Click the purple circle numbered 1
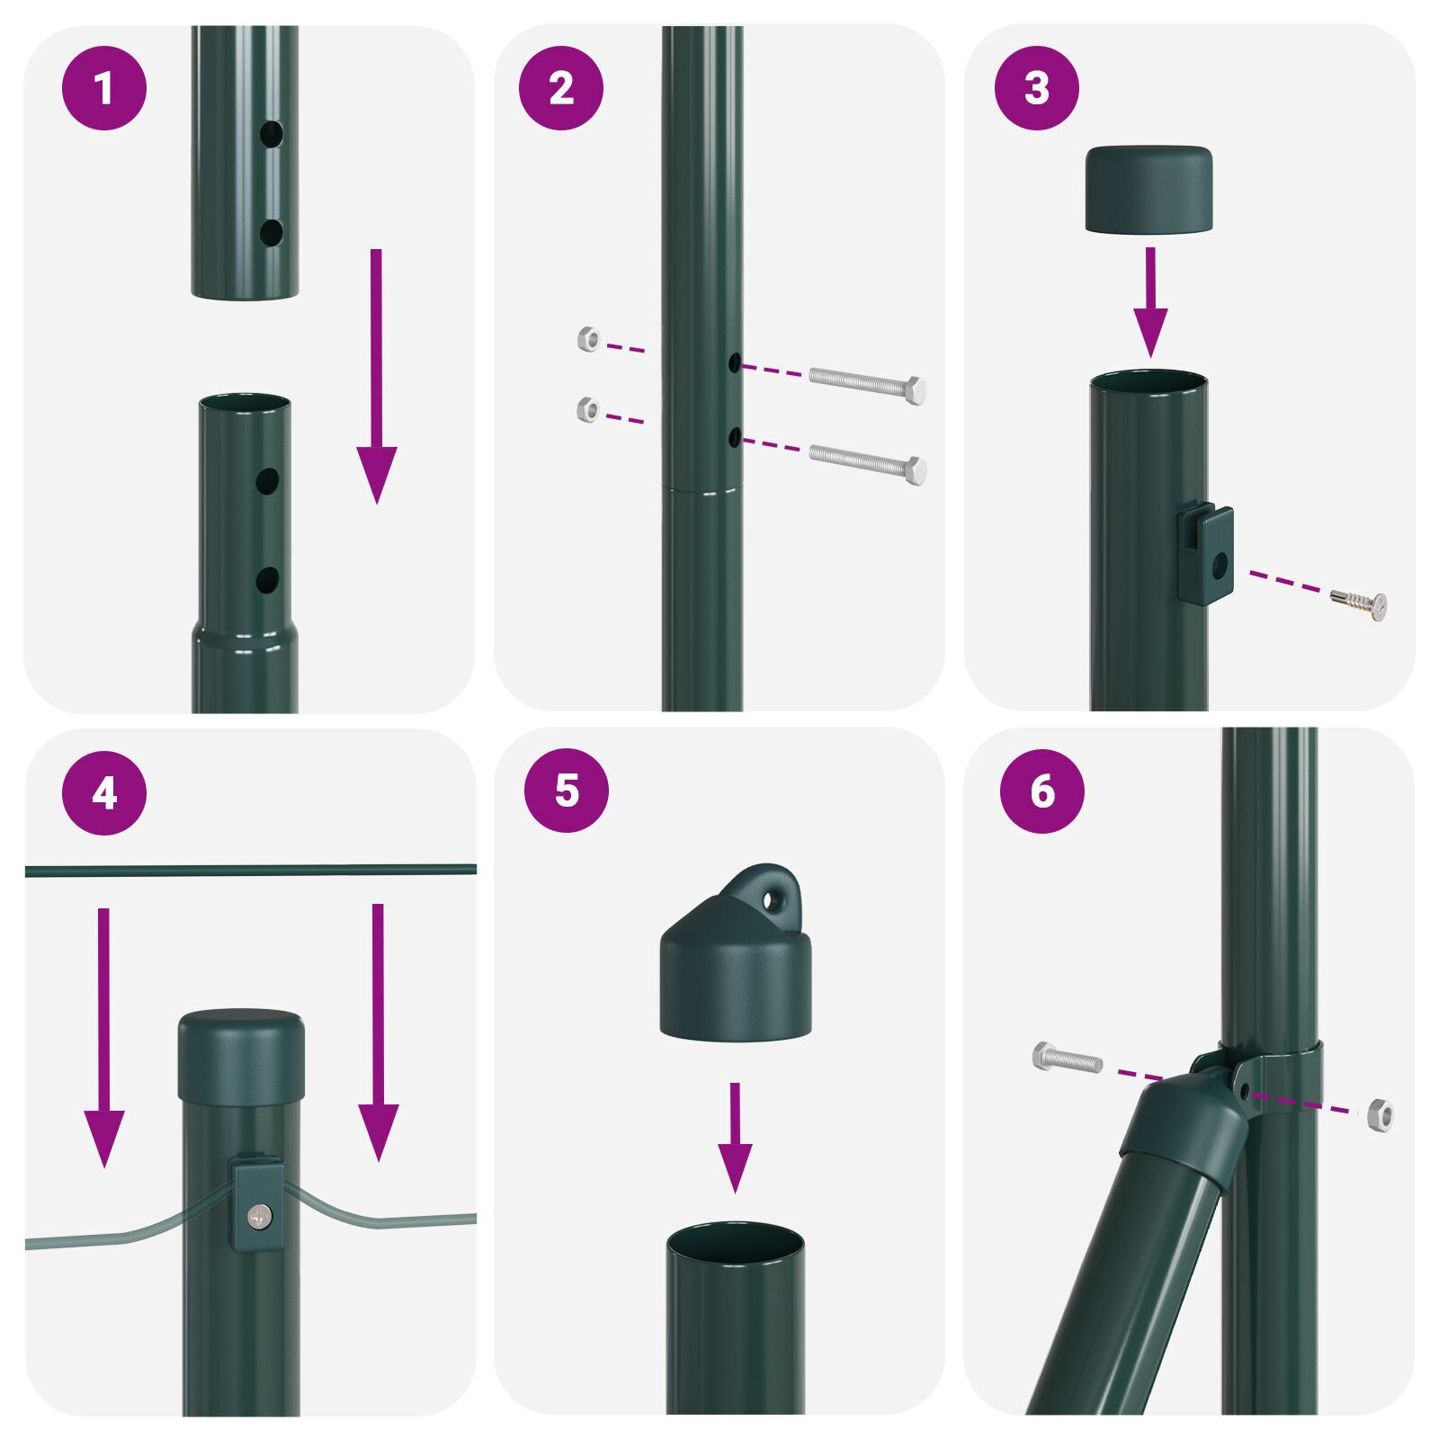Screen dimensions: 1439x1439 104,88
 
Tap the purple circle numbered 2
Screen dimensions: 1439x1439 560,88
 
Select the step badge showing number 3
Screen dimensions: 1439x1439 1036,88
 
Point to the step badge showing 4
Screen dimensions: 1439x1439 104,793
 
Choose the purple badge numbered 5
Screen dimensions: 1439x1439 567,790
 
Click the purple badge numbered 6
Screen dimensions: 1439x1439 1041,791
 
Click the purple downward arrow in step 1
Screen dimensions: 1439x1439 376,378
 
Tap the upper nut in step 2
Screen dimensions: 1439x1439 588,339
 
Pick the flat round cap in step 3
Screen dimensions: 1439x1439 1148,189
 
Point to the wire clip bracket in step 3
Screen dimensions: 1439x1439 1205,555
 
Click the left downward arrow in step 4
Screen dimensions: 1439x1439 104,1034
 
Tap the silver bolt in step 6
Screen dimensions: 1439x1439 1068,1058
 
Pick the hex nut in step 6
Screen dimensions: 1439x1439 1380,1115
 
